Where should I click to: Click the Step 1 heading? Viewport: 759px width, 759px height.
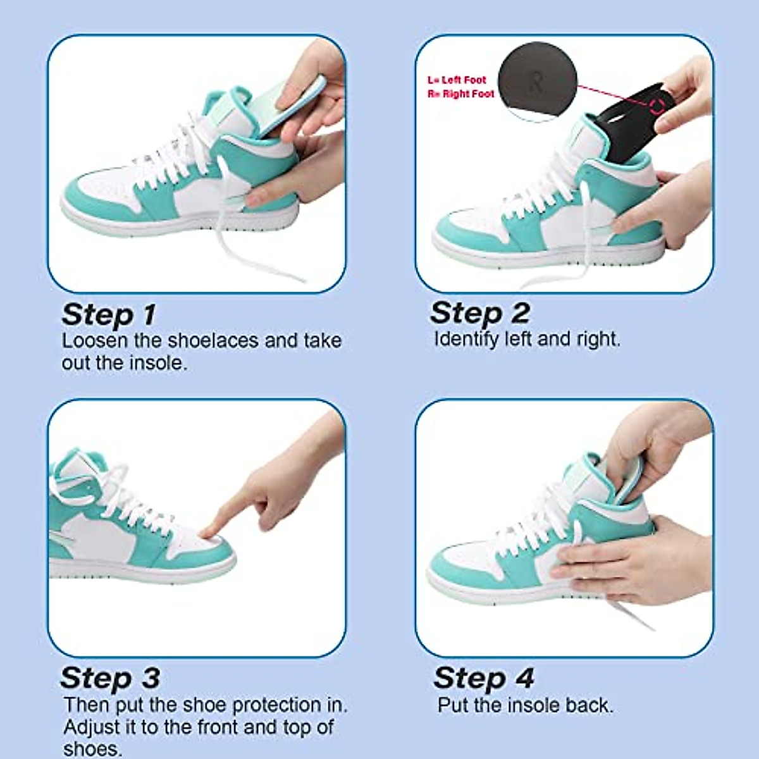(108, 314)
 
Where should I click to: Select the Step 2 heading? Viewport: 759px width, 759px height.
(479, 312)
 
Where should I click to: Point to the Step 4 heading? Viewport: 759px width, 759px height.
(483, 677)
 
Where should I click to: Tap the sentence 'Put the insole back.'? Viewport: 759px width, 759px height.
(525, 705)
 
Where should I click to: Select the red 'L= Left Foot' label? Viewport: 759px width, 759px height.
(457, 80)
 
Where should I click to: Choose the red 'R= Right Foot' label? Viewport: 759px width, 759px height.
(460, 94)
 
